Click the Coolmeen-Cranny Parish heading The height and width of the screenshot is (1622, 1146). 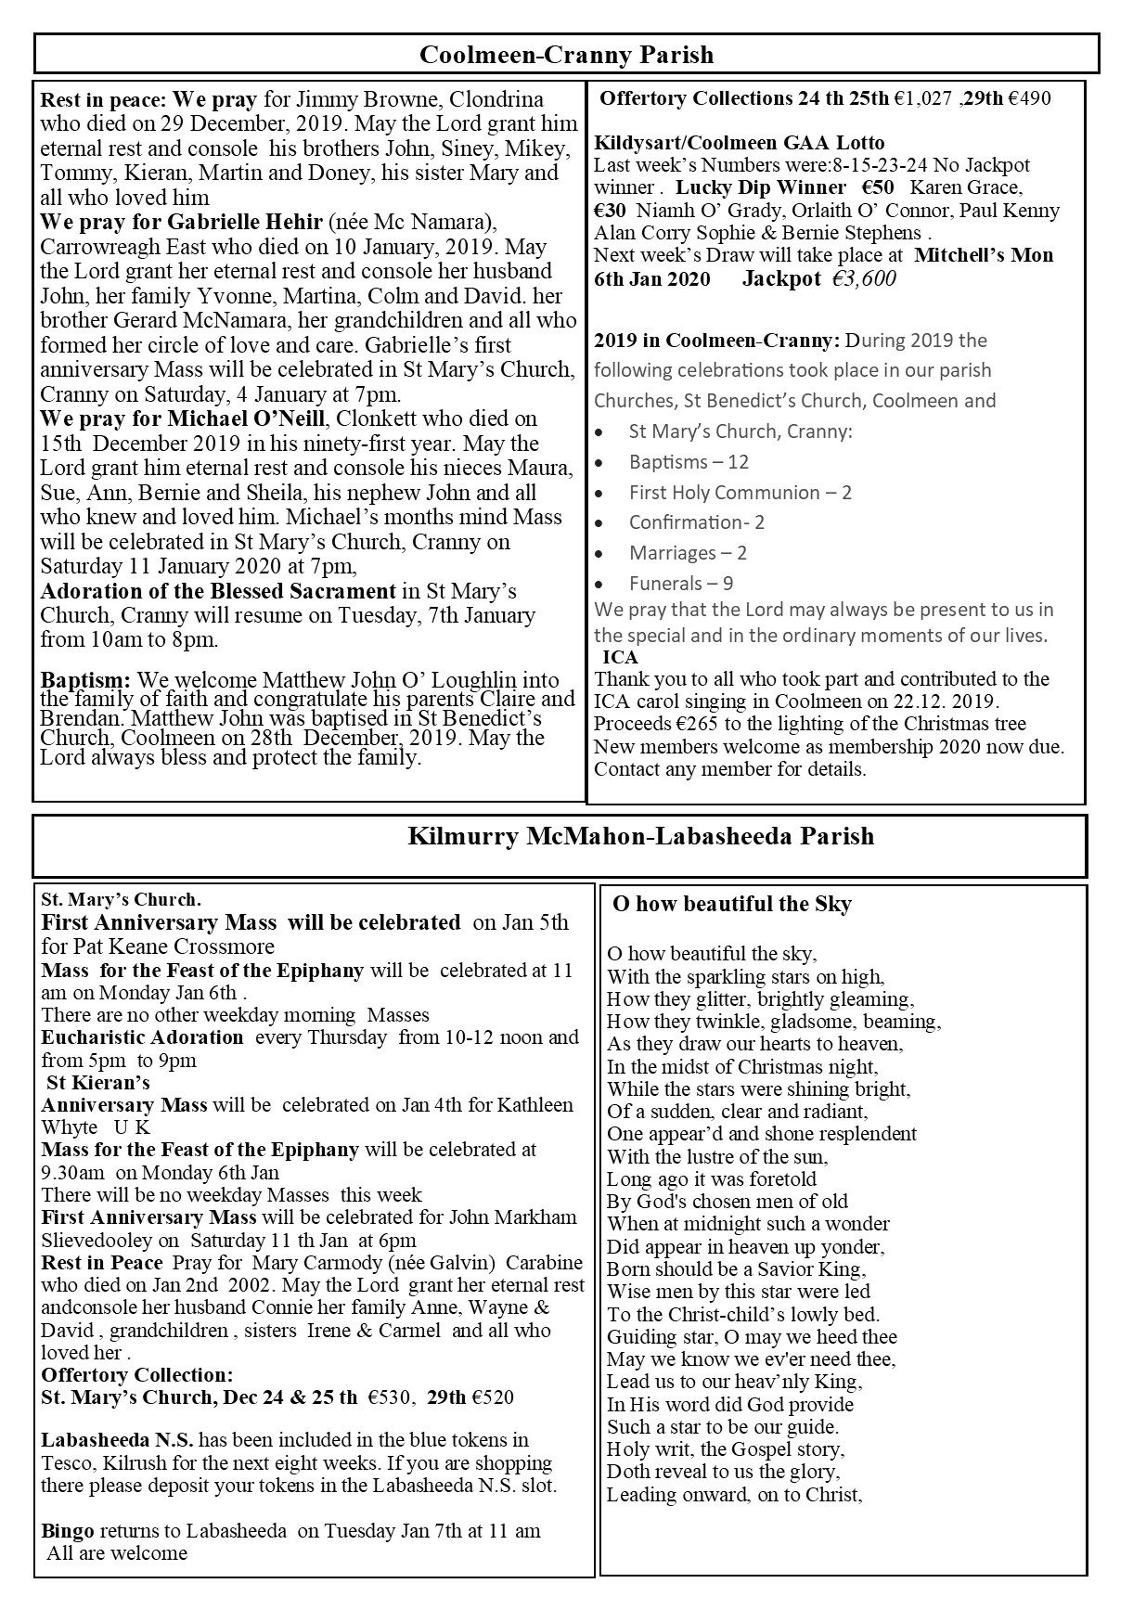[566, 55]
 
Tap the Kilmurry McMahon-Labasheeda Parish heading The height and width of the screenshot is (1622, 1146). [640, 836]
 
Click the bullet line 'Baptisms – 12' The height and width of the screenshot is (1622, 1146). [689, 462]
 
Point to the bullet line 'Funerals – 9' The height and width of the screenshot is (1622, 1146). [681, 584]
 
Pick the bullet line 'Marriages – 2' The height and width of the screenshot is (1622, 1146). [688, 553]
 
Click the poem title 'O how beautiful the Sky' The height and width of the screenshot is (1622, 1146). [731, 904]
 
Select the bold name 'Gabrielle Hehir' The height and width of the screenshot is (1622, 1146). [245, 223]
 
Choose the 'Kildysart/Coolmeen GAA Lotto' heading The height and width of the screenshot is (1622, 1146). [739, 143]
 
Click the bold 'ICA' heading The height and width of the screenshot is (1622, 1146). [620, 657]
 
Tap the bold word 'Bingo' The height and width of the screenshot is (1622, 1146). [67, 1531]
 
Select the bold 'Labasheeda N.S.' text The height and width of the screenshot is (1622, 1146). [117, 1440]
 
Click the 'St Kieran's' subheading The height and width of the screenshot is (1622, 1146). [97, 1082]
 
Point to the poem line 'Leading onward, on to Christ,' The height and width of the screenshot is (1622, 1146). [735, 1495]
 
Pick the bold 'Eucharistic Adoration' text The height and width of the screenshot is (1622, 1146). [142, 1037]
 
